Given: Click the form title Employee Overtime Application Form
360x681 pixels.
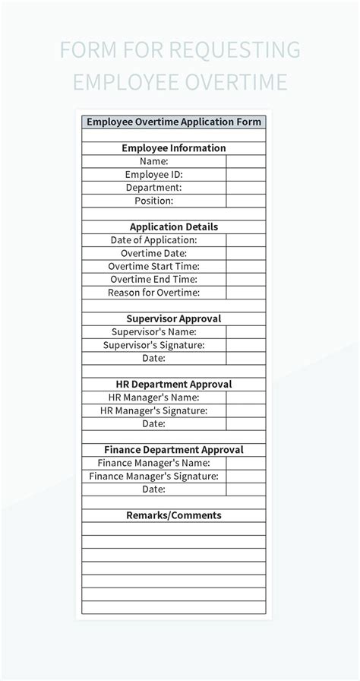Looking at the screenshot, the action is (x=174, y=122).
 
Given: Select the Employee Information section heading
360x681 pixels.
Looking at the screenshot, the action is (x=174, y=148).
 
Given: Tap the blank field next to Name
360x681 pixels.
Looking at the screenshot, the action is (x=246, y=161).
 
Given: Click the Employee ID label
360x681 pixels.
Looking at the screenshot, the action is (x=154, y=174).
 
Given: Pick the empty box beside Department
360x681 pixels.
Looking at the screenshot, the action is (x=246, y=188).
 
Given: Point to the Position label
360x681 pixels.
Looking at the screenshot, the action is (x=154, y=201).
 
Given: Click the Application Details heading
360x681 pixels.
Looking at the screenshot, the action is (x=174, y=226).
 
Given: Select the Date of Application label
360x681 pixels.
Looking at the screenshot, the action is (x=154, y=240).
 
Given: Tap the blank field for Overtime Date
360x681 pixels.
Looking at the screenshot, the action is (x=246, y=253).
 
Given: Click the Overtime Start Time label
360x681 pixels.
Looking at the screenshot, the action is (x=154, y=266).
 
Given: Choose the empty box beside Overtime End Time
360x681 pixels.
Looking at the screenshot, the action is (x=246, y=279).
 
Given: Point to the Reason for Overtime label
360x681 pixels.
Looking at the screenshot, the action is (x=154, y=293).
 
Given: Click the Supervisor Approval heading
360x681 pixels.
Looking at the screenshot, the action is (x=174, y=318).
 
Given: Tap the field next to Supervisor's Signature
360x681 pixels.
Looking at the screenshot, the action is (x=246, y=345).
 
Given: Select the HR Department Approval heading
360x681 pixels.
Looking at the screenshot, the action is (x=174, y=385).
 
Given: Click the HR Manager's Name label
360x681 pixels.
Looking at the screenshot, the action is (x=154, y=398).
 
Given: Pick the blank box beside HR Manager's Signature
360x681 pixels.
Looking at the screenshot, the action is (x=246, y=410).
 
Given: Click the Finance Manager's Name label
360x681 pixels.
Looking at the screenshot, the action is (x=154, y=463).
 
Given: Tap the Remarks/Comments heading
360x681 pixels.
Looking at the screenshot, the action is (x=174, y=515).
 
